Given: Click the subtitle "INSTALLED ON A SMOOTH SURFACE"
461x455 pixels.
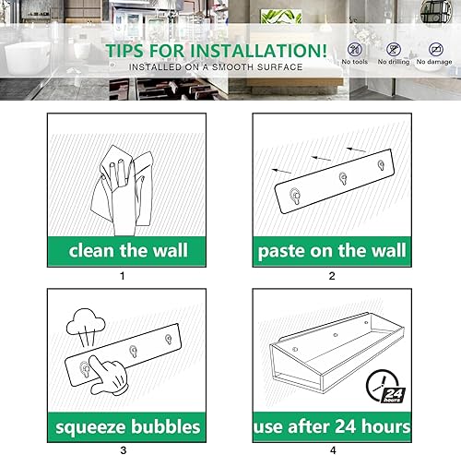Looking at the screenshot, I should point(215,67).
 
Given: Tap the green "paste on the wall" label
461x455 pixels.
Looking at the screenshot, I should point(333,249).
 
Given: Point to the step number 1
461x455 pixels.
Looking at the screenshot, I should point(122,275).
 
